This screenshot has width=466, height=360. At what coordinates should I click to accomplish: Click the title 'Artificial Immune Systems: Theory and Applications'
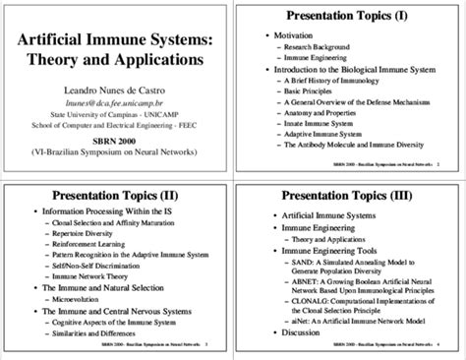click(x=117, y=48)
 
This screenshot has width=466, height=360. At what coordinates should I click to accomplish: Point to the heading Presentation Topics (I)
click(x=350, y=17)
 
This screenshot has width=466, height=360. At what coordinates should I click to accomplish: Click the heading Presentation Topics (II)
click(x=116, y=195)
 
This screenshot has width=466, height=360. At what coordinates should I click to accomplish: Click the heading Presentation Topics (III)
click(x=350, y=195)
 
